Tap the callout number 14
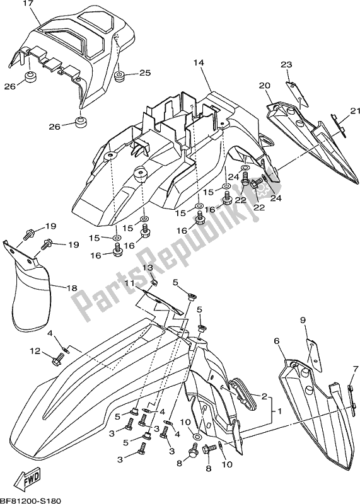[x=199, y=63]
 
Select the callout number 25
[x=145, y=74]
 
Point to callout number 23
[x=286, y=65]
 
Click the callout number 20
[x=264, y=85]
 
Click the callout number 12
[x=35, y=350]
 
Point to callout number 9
[x=303, y=321]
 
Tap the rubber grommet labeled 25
[x=120, y=77]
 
